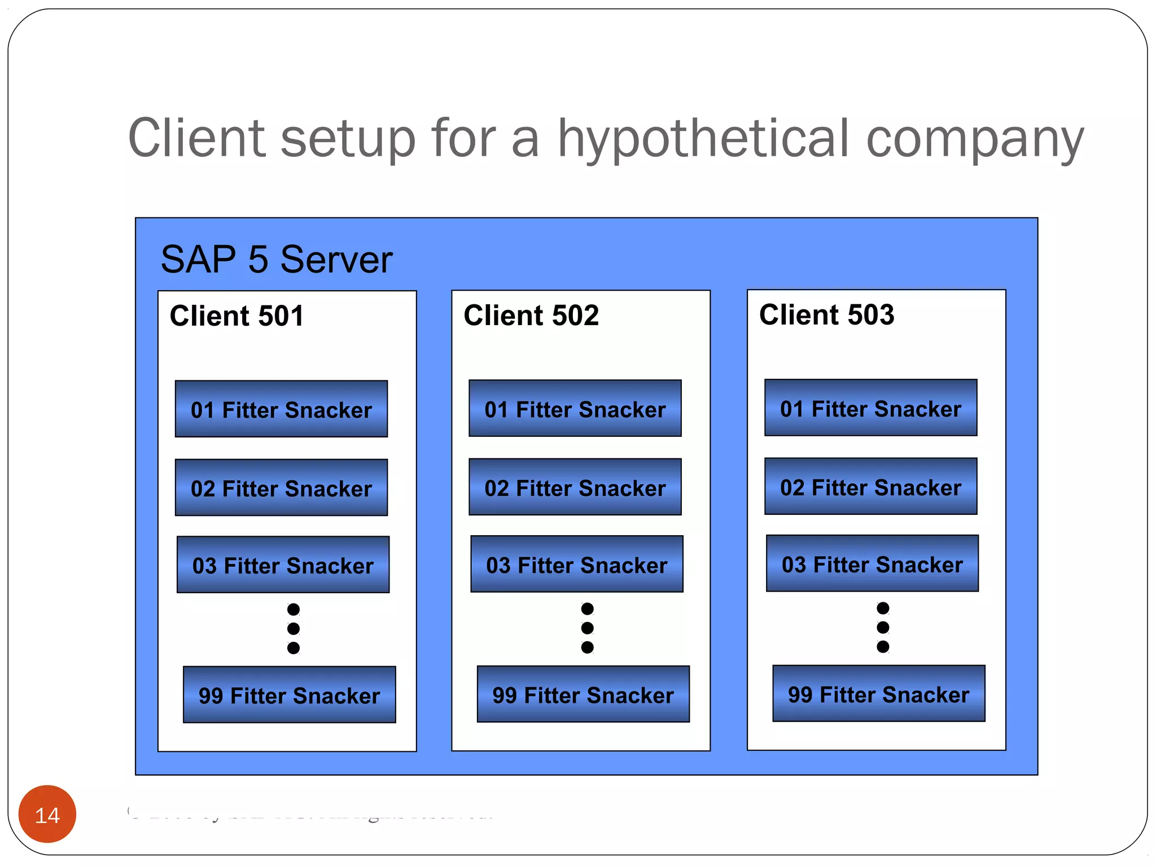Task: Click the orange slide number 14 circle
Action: point(47,814)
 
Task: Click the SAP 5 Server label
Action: point(276,260)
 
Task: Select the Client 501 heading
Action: point(237,316)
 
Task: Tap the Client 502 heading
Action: point(531,315)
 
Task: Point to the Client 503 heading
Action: point(826,314)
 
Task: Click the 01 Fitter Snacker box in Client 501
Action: point(281,409)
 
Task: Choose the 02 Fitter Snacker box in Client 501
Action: point(281,488)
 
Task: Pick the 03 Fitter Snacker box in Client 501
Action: point(283,565)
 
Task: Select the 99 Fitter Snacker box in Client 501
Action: point(289,695)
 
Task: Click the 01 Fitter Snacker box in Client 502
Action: point(575,409)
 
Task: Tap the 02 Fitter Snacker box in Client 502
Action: point(575,487)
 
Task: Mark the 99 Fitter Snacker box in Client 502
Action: point(583,694)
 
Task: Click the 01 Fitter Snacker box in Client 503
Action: point(870,408)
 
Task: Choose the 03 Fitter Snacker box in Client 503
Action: point(872,564)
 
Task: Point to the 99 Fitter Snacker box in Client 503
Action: point(878,694)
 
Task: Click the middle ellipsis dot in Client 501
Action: point(294,628)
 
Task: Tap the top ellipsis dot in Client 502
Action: point(588,608)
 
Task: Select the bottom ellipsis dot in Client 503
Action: point(883,646)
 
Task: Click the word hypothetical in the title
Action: point(703,139)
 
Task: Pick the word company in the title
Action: point(974,139)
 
